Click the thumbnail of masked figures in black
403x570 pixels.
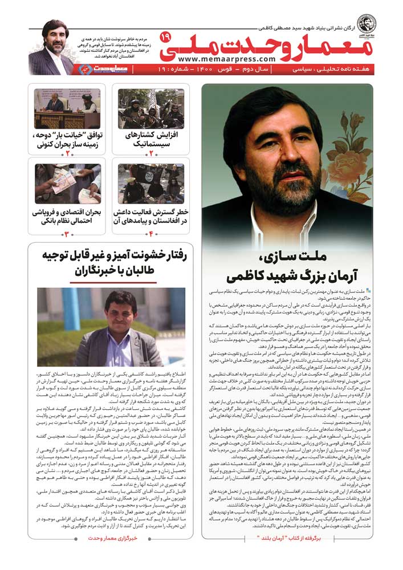[x=150, y=184]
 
